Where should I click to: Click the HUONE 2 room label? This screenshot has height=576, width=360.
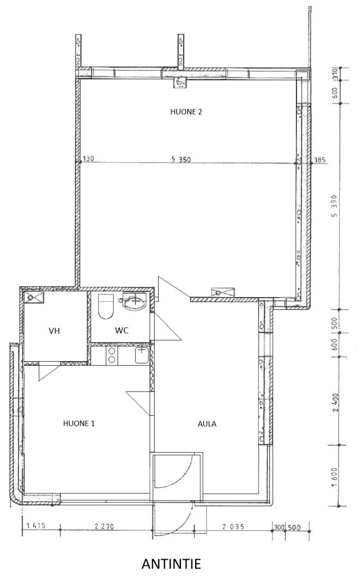coord(186,112)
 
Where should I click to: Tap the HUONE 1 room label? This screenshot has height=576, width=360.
coord(79,423)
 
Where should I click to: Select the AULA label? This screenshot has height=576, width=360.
coord(207,424)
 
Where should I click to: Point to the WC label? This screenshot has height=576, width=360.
coord(121,330)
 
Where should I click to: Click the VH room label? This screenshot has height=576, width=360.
coord(54,331)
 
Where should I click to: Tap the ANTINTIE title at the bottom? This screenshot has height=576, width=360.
coord(171,564)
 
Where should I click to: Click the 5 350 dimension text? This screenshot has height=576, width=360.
coord(181,159)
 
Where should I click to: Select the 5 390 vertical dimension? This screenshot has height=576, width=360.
coord(334,210)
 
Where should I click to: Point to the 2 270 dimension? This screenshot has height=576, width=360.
coord(104,526)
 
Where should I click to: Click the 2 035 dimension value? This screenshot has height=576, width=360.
coord(233,526)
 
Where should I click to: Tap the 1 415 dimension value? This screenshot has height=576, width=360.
coord(35,525)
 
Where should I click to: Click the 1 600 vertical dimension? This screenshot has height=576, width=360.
coord(334,476)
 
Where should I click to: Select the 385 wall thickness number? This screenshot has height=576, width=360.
coord(319,160)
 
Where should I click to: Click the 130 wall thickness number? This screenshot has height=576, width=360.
coord(88,159)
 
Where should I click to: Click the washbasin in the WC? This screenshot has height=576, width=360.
coord(132,301)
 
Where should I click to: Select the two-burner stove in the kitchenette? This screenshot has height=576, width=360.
coord(112,355)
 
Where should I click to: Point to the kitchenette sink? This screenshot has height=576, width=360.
coord(141,355)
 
